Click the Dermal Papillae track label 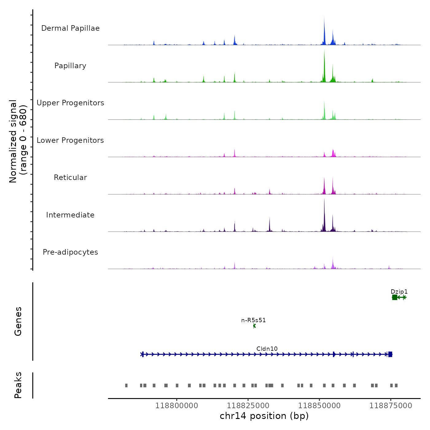(70, 28)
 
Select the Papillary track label (70, 66)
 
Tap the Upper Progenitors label (70, 103)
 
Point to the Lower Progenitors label (70, 140)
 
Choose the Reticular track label (70, 178)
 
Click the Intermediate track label (70, 215)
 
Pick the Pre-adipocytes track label (70, 252)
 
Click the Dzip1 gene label (399, 292)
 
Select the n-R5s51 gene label (253, 320)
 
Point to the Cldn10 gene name (267, 349)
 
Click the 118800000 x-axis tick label (177, 406)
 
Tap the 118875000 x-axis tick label (391, 406)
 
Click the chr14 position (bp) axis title (264, 416)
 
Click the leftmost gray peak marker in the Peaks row (126, 385)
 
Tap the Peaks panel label (18, 385)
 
